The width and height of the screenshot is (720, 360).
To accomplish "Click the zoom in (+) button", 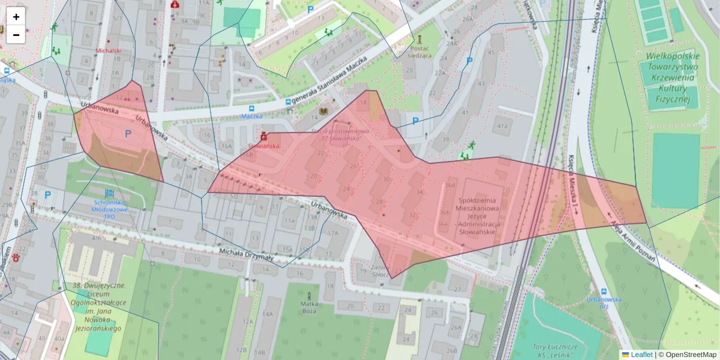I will coord(16,17).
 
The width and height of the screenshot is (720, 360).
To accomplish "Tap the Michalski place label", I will coord(109,51).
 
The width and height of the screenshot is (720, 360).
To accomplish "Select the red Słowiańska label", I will coord(263,145).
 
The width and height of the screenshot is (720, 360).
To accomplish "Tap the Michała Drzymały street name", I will coord(245,256).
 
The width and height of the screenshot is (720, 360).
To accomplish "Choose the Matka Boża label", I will coord(310,308).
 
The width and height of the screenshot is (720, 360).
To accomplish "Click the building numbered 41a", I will coord(500,126).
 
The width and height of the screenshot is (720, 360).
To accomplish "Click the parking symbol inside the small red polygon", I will coord(127,134).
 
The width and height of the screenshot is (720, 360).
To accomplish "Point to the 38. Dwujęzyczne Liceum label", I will coord(98,307).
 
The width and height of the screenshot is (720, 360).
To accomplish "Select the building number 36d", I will coord(450,185).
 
